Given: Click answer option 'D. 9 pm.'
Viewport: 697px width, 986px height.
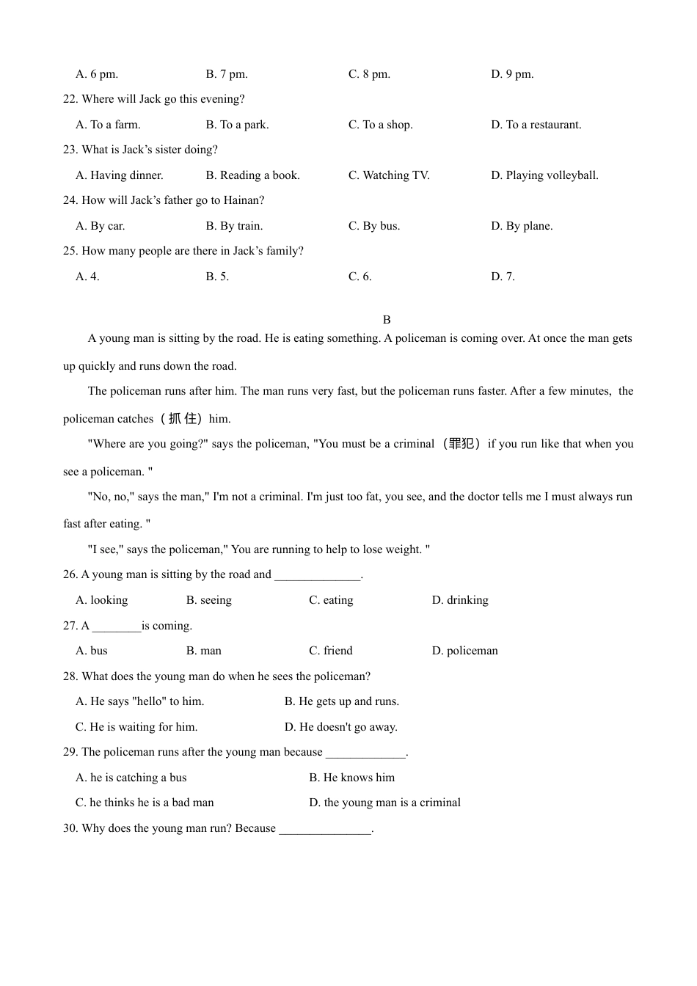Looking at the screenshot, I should pos(512,74).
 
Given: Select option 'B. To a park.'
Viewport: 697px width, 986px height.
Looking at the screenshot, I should pos(237,125).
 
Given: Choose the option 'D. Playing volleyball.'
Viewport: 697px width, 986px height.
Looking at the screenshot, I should pos(544,175).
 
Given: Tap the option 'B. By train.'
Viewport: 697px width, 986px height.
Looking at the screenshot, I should pos(234,226).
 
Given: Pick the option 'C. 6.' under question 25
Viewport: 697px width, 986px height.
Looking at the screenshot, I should pos(360,277).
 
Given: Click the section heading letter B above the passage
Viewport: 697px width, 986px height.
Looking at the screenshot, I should pos(387,320).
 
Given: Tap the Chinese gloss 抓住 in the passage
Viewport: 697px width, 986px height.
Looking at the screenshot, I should pos(183,419).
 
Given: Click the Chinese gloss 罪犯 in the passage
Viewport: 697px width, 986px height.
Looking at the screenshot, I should pos(461,444).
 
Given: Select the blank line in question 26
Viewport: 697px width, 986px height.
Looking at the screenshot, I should pos(318,575).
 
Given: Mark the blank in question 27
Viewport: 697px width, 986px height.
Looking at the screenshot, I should pos(117,627).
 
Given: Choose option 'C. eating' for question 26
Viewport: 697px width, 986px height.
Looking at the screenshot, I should pos(331,600).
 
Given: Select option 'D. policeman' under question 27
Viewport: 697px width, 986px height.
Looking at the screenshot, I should pos(464,651).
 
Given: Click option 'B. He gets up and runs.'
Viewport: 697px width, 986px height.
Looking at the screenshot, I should pos(342,701).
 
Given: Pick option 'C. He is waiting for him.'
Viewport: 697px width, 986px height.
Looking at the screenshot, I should pos(136,727).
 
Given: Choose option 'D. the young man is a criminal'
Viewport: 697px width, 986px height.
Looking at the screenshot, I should pos(384,803).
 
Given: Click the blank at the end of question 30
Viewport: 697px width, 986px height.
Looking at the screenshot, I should pos(325,830).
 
